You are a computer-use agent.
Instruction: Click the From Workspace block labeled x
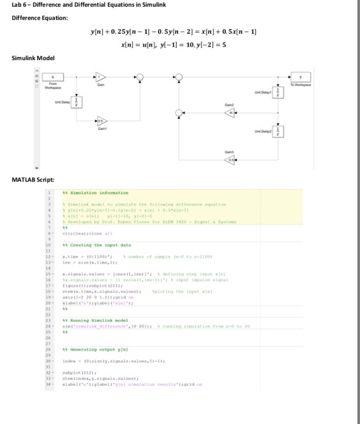(x=53, y=77)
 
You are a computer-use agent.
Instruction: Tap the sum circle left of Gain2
(x=179, y=112)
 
